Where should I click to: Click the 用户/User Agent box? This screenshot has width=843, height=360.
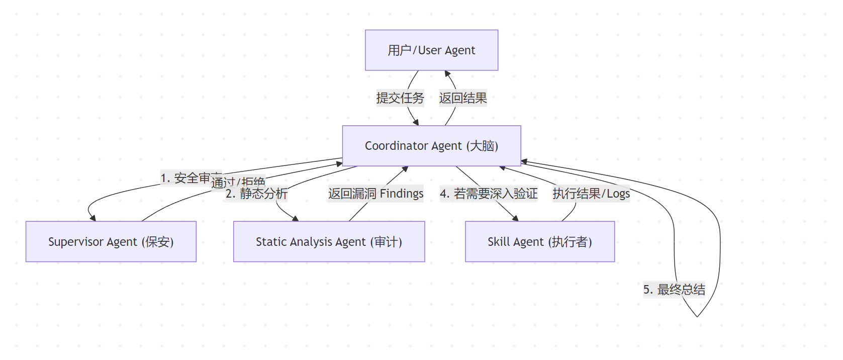431,50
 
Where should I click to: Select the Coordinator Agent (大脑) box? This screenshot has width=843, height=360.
431,146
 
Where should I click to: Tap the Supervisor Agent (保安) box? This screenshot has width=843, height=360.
111,242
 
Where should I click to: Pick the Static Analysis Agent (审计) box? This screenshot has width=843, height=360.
329,242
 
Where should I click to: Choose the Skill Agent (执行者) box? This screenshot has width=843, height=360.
539,242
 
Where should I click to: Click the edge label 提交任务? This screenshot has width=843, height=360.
400,98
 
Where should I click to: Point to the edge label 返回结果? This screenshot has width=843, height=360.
463,98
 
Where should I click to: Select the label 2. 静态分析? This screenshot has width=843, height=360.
256,194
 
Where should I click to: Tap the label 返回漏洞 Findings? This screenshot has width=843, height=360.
376,194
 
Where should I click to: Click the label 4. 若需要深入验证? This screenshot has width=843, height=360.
489,194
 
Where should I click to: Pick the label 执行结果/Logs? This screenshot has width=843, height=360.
591,194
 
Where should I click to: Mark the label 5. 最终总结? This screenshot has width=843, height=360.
674,290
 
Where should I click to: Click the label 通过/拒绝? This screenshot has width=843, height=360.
238,182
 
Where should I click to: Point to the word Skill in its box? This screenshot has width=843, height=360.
499,242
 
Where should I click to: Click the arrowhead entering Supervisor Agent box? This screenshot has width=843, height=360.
93,218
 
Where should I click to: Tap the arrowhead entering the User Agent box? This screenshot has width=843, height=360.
447,73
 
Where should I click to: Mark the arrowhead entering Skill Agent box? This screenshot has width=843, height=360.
516,218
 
